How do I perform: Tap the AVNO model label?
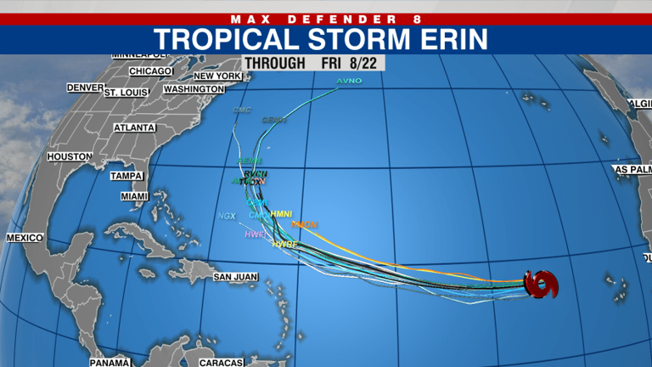tap(349, 81)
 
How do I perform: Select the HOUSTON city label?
tap(69, 157)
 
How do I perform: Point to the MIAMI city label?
tap(134, 196)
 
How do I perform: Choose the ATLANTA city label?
tap(135, 127)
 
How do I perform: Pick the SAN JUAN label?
tap(234, 277)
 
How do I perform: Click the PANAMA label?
tap(110, 363)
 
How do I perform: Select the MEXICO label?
tap(25, 238)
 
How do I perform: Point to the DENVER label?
tap(85, 88)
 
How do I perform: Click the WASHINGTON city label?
tap(194, 89)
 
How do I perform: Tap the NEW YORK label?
tap(217, 76)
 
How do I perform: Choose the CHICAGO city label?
tap(151, 71)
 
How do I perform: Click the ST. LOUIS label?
tap(126, 92)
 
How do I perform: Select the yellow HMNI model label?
tap(281, 213)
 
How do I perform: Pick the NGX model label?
tap(227, 216)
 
